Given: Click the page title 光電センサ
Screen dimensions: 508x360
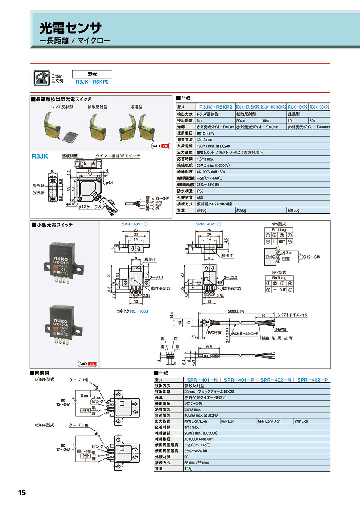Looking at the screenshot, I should (70, 28).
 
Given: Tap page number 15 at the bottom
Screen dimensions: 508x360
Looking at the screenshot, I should (22, 492).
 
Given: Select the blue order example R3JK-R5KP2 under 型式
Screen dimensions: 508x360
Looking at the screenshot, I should (92, 81).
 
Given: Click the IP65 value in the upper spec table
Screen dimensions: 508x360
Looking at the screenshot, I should (201, 191).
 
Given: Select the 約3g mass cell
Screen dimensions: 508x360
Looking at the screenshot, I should (188, 469).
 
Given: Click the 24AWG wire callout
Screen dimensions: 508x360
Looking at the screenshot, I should (280, 330).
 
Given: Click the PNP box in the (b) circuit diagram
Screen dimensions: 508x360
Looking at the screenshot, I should (85, 456).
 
